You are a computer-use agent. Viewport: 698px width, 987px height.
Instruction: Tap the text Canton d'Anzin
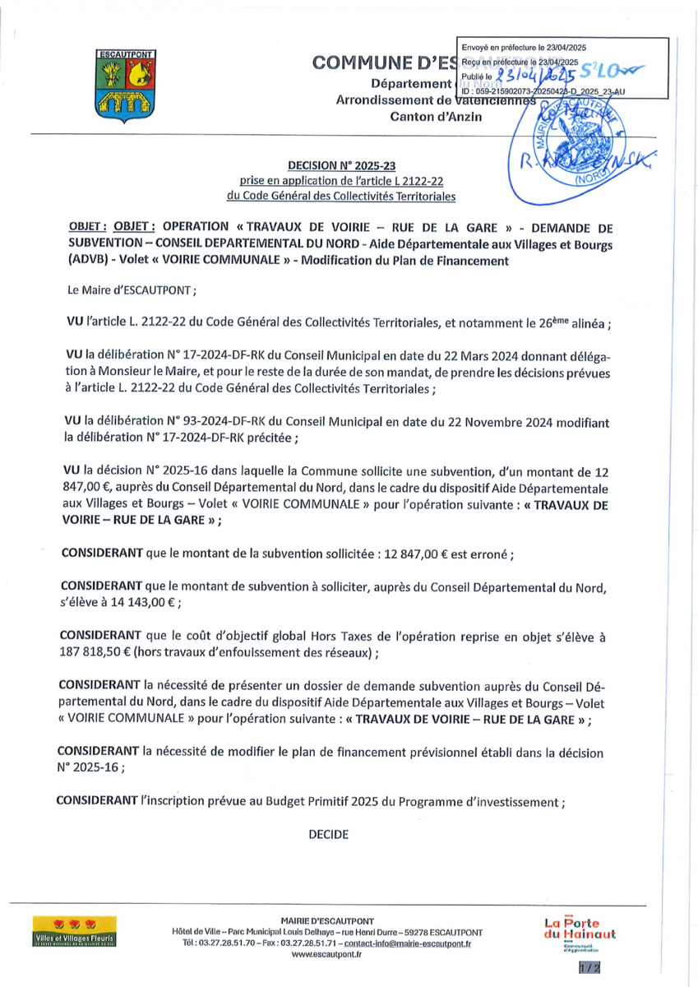[x=436, y=116]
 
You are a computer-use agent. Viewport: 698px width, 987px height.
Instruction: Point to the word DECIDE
[x=329, y=834]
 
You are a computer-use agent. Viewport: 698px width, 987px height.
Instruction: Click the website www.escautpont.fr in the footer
[x=326, y=954]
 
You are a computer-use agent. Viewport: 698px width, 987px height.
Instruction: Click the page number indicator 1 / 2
[x=589, y=967]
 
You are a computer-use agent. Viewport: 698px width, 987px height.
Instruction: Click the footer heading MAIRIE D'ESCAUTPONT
[x=327, y=920]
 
